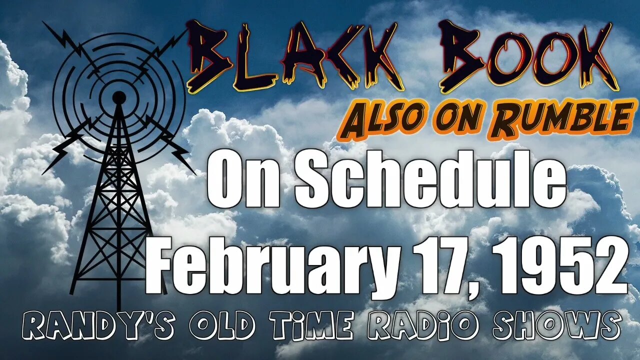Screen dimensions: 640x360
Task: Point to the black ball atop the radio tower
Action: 119,97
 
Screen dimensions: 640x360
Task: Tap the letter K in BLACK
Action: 377,55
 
